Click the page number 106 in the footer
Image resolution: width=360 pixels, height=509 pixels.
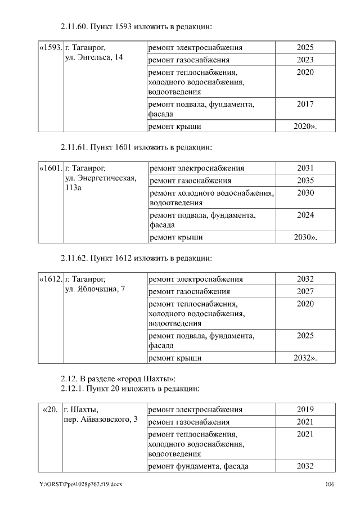[x=330, y=484]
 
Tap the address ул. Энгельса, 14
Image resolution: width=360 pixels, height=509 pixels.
[x=94, y=58]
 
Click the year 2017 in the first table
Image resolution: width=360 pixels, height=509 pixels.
[x=305, y=104]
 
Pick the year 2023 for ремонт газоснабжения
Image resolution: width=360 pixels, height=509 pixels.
[x=305, y=60]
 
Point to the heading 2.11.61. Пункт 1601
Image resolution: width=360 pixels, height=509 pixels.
[x=136, y=147]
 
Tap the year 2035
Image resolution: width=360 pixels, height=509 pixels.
[x=305, y=181]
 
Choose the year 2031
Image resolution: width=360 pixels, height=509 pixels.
[x=305, y=168]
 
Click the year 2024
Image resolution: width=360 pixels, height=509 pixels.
[x=305, y=215]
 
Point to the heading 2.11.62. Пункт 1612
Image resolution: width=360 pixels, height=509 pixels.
[x=136, y=259]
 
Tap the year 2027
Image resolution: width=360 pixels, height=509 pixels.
[x=305, y=291]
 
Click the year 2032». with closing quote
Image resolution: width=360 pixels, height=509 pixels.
[x=305, y=358]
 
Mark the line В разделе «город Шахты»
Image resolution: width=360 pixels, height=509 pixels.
[x=128, y=377]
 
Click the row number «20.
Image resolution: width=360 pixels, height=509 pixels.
[x=50, y=409]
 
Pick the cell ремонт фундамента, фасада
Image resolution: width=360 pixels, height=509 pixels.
[x=198, y=466]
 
